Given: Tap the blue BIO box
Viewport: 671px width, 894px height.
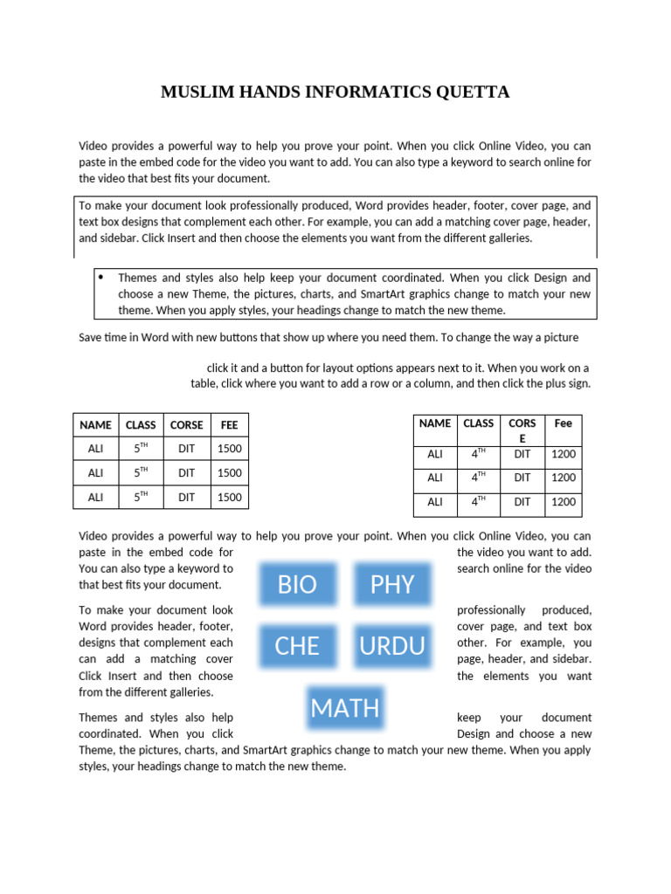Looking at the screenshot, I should tap(297, 584).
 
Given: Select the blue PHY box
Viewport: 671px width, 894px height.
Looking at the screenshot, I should tap(392, 584).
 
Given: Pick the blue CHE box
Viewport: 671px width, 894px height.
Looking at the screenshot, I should tap(297, 646).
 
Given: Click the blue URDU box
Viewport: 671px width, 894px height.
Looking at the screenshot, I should tap(392, 646).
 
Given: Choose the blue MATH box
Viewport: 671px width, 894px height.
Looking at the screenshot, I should tap(345, 707).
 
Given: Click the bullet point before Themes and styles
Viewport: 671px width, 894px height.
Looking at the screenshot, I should tap(100, 278).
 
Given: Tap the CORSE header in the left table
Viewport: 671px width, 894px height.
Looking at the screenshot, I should tap(186, 425).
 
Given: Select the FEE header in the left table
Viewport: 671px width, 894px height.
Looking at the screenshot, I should tap(229, 425).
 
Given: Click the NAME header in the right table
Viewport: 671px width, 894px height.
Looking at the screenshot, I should tap(435, 423).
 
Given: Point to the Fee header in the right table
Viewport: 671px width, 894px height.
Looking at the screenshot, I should tap(564, 423).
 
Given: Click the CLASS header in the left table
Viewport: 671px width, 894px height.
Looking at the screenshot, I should tap(141, 425).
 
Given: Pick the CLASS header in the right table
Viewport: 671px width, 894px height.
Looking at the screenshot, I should tap(478, 423).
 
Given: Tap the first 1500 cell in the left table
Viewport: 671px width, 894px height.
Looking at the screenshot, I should tap(229, 449).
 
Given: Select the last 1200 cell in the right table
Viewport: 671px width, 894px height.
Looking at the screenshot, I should tap(564, 502).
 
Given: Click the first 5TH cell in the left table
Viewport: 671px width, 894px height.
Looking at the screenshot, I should tap(141, 449).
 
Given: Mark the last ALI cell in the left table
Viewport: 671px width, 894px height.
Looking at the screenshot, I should tap(95, 497).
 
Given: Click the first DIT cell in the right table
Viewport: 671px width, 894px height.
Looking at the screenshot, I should tap(522, 454).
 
